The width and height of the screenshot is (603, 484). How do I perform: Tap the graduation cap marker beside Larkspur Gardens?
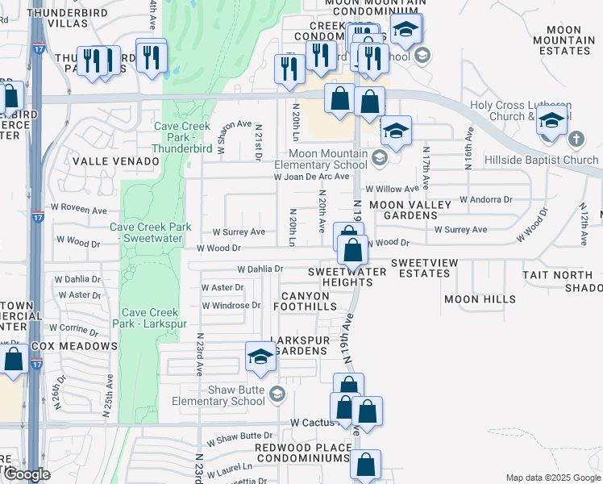pos(261,358)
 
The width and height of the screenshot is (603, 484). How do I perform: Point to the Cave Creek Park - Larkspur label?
pos(154,318)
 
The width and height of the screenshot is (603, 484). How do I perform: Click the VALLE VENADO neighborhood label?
pos(116,161)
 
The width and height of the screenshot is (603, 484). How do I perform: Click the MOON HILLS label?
pos(480,299)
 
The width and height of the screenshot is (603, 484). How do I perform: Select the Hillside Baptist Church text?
pos(542,160)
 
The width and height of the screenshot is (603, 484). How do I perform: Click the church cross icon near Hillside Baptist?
pos(576,140)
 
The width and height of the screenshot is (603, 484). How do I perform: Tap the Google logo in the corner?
pos(26,474)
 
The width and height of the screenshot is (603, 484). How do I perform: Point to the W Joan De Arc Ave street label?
pos(312,176)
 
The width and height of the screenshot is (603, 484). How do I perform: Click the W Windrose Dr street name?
pos(231,306)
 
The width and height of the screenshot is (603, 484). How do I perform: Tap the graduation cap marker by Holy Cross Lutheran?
pos(552,123)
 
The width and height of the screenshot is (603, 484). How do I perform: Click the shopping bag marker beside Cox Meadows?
pos(13,359)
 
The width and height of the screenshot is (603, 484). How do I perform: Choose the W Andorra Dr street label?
pos(486,199)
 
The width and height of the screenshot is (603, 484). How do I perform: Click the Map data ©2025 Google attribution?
pos(551,478)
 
